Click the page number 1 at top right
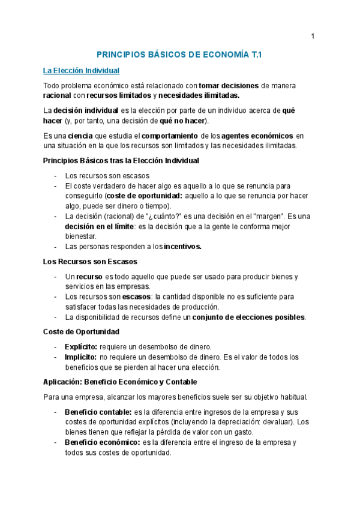tap(313, 37)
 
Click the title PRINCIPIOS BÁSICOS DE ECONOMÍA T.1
tap(179, 55)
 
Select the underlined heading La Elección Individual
tap(82, 71)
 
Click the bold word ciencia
tap(80, 136)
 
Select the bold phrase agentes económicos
tap(260, 136)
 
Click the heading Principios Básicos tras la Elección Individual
tap(121, 161)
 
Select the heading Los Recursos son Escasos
tap(90, 262)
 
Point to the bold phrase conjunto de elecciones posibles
tap(248, 317)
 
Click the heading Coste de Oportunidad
tap(81, 332)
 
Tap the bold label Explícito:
tap(81, 347)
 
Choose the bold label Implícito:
tap(81, 357)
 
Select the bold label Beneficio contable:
tap(98, 412)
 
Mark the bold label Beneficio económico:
tap(102, 442)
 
